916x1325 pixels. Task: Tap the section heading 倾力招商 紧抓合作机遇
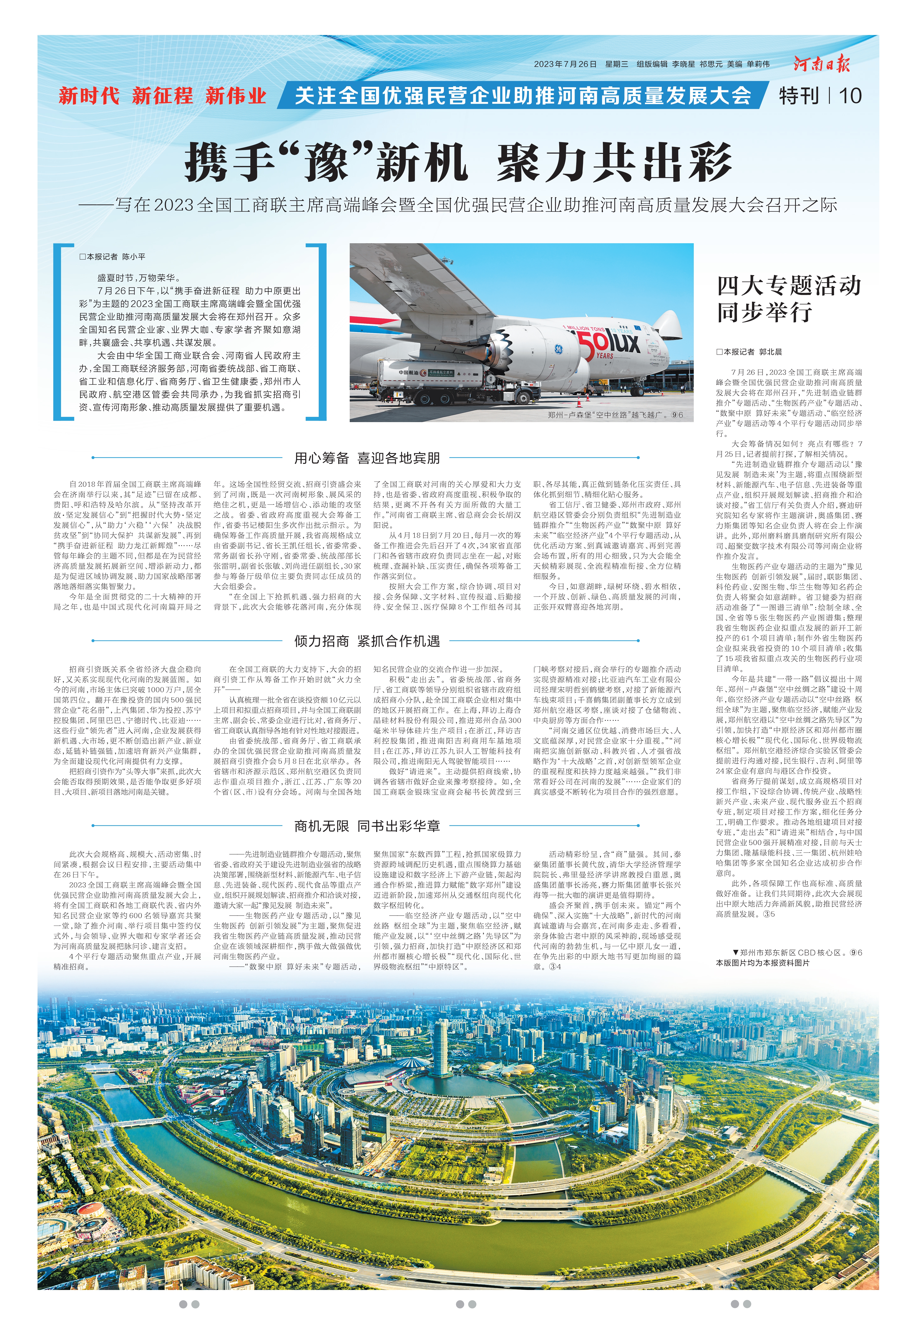(367, 641)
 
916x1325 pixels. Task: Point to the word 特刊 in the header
(799, 96)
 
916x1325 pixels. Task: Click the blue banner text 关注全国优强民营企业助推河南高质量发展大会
(522, 96)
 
